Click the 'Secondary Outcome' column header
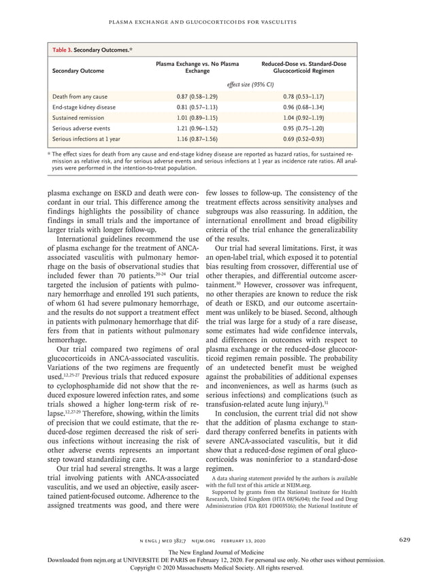point(79,69)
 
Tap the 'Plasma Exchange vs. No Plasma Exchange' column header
point(197,67)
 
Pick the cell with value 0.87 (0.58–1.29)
point(197,97)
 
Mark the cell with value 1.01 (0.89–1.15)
point(197,118)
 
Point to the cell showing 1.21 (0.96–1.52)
point(197,129)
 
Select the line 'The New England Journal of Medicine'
point(216,552)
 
